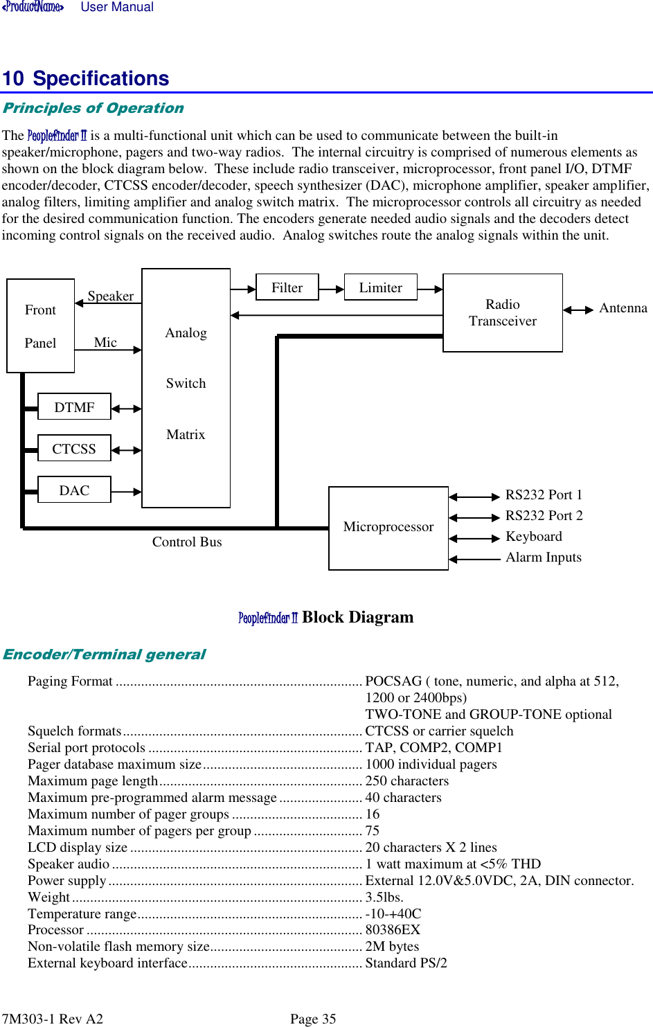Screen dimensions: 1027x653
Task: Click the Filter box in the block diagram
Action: click(287, 287)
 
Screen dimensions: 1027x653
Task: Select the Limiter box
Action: click(380, 287)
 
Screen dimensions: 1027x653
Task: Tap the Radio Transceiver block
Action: click(502, 313)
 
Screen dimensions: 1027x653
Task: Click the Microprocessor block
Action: click(388, 528)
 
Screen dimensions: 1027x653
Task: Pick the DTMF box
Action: click(74, 407)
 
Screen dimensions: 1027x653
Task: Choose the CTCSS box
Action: click(74, 449)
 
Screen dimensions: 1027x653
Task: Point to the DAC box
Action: click(74, 490)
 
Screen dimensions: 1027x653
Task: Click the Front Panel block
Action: click(40, 326)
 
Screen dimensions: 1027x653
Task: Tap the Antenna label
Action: click(623, 308)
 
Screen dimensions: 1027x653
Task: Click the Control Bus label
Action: click(187, 542)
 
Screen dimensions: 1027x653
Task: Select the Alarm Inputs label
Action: click(544, 557)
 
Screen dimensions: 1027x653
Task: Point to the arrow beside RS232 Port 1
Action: click(474, 497)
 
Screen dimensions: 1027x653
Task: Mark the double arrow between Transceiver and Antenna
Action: click(578, 310)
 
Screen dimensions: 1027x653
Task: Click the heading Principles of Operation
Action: click(93, 108)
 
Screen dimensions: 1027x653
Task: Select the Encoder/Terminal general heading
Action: click(104, 654)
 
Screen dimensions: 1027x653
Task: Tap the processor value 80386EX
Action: click(393, 930)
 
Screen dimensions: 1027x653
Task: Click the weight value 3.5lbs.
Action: click(384, 897)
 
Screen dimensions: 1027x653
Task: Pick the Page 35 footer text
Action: click(313, 1019)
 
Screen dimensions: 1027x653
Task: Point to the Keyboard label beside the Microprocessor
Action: click(534, 537)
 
